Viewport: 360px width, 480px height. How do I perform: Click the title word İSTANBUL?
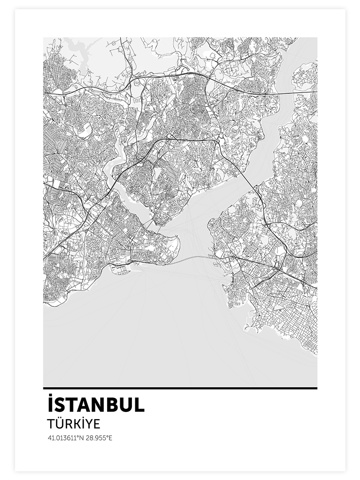click(x=96, y=405)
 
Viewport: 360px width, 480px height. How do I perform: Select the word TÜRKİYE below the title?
click(x=73, y=424)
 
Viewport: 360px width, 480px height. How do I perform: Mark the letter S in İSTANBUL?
click(x=59, y=406)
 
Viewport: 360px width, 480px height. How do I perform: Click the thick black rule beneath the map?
click(x=180, y=388)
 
